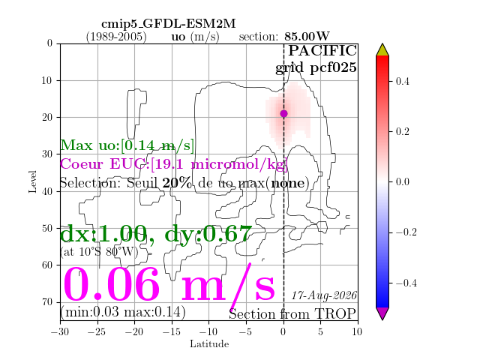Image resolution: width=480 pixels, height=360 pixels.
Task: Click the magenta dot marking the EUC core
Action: tap(283, 113)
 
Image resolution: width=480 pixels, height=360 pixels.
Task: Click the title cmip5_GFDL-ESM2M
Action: tap(168, 23)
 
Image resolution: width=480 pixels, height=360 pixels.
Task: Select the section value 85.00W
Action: tap(307, 37)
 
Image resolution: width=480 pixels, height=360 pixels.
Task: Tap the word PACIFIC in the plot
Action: tap(322, 50)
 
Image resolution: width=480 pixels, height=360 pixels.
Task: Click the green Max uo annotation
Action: tap(127, 145)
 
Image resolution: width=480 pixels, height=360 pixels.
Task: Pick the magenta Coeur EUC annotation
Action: tap(174, 164)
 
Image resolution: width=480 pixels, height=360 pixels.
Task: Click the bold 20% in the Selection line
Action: tap(177, 183)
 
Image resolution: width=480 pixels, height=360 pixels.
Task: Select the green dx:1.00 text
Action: tap(104, 234)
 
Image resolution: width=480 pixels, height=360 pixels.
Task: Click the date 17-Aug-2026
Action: tap(324, 295)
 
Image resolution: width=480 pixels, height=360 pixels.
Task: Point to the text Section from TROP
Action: tap(292, 314)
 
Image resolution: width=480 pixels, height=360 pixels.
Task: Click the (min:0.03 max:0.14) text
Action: tap(123, 312)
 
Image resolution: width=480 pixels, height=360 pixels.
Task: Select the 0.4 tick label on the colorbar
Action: tap(402, 82)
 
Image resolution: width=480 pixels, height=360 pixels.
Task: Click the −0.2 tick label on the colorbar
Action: tap(406, 232)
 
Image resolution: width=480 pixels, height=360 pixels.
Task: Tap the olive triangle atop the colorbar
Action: tap(382, 50)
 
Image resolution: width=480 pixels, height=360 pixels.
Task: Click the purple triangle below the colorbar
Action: tap(382, 313)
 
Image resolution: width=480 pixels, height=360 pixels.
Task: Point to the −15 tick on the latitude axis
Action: tap(171, 331)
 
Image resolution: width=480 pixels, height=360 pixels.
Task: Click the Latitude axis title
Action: tap(209, 343)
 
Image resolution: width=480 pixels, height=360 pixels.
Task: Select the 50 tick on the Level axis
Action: tap(48, 228)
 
